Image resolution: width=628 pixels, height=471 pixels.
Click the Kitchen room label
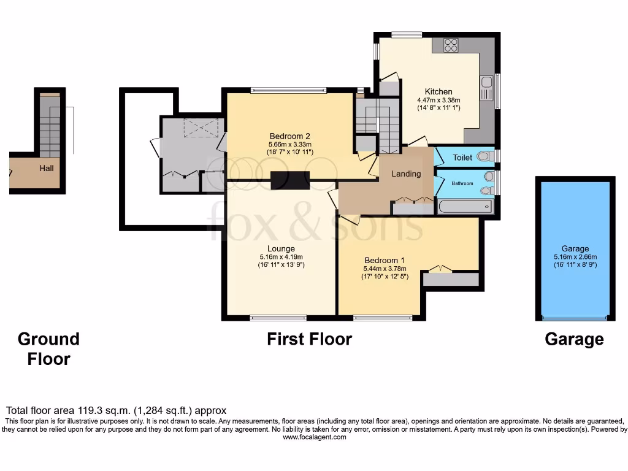[x=438, y=92]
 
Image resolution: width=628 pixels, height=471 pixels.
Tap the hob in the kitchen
[x=451, y=45]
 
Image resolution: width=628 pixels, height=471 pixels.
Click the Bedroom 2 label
[x=289, y=136]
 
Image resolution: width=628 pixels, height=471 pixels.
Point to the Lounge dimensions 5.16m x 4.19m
[x=281, y=257]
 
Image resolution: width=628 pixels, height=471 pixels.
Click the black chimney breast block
[x=290, y=180]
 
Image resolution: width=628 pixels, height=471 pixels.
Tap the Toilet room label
[x=462, y=158]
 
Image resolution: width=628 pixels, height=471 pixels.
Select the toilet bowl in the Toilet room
[x=486, y=156]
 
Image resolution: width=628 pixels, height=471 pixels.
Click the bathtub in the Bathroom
[x=465, y=207]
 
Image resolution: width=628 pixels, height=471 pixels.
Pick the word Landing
[x=406, y=174]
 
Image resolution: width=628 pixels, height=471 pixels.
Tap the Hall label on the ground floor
[x=47, y=168]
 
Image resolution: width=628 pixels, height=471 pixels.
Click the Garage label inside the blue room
[x=575, y=249]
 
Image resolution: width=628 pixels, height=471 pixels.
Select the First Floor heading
[x=310, y=339]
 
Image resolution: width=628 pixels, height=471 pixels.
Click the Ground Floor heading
[x=48, y=349]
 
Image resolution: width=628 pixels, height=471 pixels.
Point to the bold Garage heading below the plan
[x=574, y=339]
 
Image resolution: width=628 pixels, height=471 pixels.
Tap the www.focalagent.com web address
[x=315, y=437]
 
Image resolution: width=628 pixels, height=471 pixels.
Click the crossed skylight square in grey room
[x=201, y=128]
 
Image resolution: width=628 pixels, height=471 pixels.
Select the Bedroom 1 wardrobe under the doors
[x=451, y=279]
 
